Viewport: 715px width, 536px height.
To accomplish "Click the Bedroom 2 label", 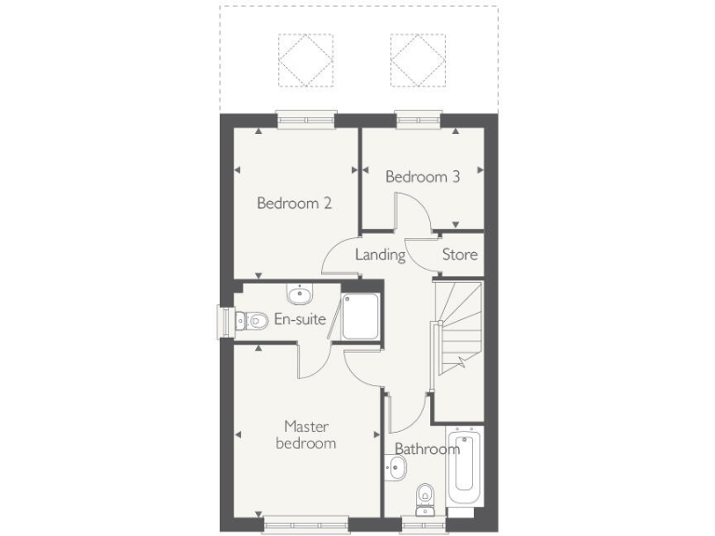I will pos(294,203).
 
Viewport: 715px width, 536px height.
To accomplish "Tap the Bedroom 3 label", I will pos(423,177).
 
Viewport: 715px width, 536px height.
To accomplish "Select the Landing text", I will pos(380,254).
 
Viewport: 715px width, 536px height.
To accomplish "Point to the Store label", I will pos(459,254).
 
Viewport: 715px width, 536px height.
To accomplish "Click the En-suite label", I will pos(300,320).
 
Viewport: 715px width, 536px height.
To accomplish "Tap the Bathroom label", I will pos(426,449).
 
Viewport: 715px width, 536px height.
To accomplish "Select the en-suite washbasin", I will pos(299,296).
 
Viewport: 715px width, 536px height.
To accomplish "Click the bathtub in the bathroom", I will pos(463,470).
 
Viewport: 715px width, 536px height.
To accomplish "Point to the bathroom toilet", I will pos(425,497).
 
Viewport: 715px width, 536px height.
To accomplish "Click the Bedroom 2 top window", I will pos(305,117).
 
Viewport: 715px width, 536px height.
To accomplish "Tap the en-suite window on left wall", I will pos(223,320).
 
